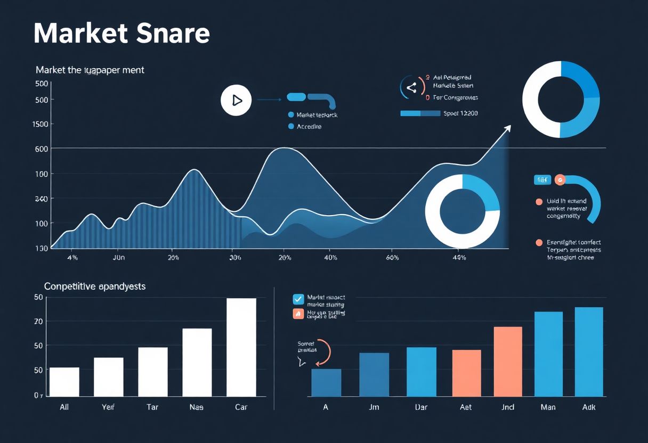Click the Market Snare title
click(122, 34)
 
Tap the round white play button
click(236, 100)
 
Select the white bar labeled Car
click(241, 347)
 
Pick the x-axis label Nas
click(197, 407)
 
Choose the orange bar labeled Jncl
click(508, 361)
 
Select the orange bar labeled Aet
click(466, 373)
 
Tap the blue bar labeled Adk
click(589, 351)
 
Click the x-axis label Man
click(548, 407)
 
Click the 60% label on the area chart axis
click(392, 258)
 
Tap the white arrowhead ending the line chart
click(507, 128)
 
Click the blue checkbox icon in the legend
click(298, 299)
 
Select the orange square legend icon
click(298, 314)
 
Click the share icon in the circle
click(411, 88)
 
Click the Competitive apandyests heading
click(95, 286)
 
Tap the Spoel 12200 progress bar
click(420, 113)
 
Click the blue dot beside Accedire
click(291, 127)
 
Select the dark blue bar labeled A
click(326, 382)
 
